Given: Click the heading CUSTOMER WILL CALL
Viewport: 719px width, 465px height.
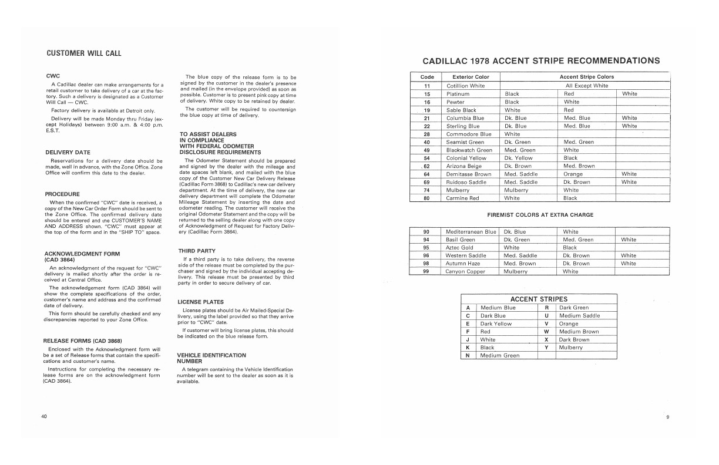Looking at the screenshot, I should pos(84,53).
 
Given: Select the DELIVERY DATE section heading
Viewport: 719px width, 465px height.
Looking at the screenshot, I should pos(67,153).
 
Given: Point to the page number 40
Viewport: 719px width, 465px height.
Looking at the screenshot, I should pos(44,416).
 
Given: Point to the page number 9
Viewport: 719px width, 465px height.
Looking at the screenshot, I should pos(667,417).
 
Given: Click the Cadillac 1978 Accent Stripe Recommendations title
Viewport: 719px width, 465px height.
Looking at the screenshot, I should pos(541,60).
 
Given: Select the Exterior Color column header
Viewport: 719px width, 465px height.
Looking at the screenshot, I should pos(471,77).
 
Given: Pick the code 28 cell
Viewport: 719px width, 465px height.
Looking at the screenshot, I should pos(427,134).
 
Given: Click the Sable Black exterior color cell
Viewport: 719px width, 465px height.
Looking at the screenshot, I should pos(461,110).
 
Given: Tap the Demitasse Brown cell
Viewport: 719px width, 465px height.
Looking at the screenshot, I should pos(468,174).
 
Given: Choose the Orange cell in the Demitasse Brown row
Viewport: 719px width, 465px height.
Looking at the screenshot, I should pos(573,174).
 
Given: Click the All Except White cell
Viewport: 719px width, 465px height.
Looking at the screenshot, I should pos(587,86).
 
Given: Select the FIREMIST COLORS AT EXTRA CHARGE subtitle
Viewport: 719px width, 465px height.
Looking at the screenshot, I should pos(540,215).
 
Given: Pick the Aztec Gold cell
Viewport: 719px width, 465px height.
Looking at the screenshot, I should pos(459,248).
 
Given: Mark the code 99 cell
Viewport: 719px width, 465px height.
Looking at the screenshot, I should pos(427,272).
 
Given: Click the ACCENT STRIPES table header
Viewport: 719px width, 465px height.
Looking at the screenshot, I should pos(539,299).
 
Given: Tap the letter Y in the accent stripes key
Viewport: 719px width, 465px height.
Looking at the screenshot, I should pos(546,348).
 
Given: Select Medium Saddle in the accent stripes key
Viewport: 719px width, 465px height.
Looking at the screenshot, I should pos(579,316).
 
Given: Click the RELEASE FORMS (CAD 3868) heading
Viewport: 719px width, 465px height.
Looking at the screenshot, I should pos(82,341).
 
